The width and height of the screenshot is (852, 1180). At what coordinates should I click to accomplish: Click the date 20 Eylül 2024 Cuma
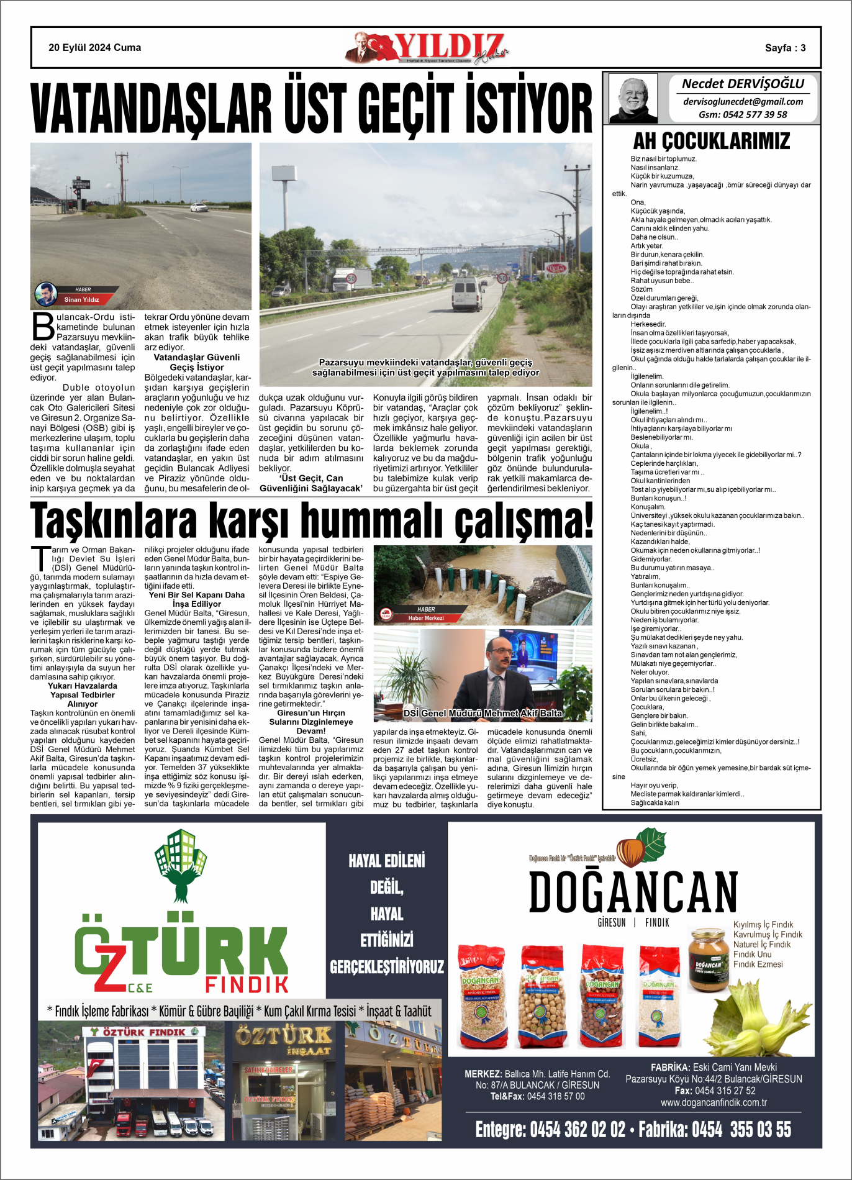click(x=94, y=48)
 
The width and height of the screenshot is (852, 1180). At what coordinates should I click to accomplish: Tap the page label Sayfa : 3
click(x=785, y=48)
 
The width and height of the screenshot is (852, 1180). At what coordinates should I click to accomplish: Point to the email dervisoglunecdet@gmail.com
click(x=743, y=101)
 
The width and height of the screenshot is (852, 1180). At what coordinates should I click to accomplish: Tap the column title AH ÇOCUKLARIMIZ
click(x=711, y=141)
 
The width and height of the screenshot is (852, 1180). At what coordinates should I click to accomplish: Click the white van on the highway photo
click(x=467, y=293)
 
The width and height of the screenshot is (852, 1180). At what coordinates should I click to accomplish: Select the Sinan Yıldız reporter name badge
click(x=81, y=299)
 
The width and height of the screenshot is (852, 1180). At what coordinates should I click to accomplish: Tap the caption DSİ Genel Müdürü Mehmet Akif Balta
click(x=483, y=713)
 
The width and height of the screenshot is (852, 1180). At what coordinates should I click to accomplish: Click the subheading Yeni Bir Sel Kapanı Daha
click(x=197, y=595)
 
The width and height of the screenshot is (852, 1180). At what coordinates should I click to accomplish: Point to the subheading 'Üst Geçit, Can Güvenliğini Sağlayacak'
click(x=310, y=483)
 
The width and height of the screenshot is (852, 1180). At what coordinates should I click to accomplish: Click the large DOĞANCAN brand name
click(x=633, y=892)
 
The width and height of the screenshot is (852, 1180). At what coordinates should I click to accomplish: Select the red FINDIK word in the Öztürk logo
click(x=247, y=984)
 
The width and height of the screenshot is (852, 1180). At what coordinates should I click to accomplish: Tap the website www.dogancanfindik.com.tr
click(x=714, y=1102)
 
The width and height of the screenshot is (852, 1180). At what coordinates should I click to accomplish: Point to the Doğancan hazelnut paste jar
click(x=708, y=960)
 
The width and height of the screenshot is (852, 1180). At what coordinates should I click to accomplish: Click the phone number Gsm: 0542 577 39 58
click(x=743, y=115)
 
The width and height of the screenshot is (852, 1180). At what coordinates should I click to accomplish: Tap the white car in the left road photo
click(x=198, y=207)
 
